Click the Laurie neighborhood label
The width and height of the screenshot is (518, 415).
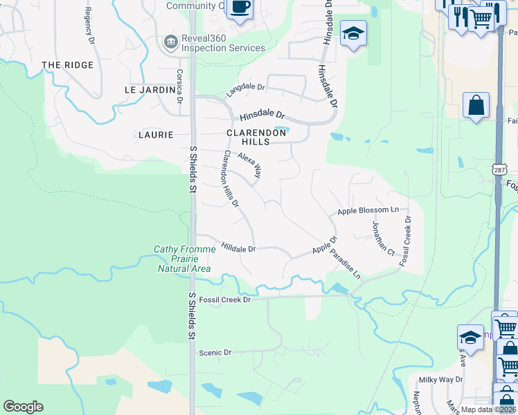tap(156, 135)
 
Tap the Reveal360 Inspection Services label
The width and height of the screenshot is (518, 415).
tap(223, 43)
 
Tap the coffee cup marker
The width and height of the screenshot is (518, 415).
tap(240, 8)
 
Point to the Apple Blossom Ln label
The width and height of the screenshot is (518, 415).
tap(368, 210)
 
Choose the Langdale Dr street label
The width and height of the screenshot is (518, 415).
tap(246, 89)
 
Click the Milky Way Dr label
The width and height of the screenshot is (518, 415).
tap(440, 380)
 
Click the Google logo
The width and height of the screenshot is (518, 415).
tap(23, 407)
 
